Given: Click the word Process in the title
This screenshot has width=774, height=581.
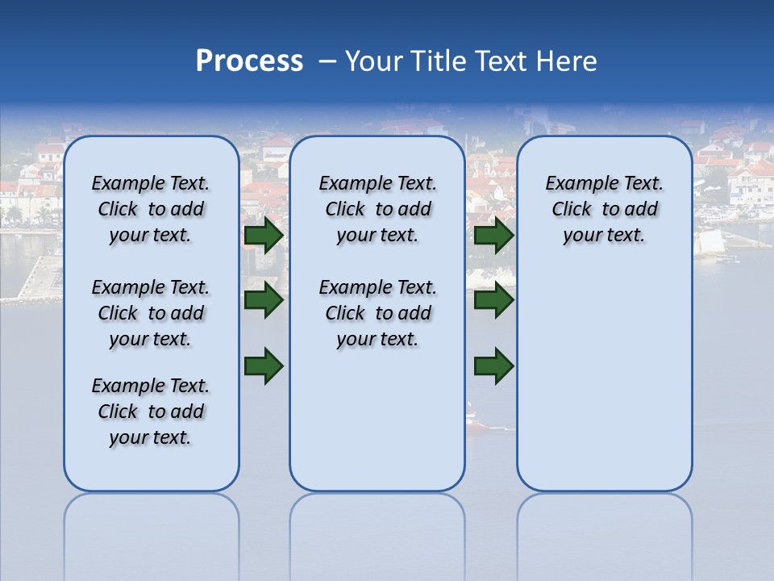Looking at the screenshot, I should [249, 61].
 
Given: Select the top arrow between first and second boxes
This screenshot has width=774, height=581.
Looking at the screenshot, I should [264, 236].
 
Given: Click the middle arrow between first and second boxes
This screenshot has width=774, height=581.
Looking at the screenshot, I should [264, 300].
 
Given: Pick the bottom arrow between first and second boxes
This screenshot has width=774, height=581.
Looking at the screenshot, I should [264, 365].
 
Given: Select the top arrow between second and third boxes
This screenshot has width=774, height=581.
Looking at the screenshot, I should [494, 236].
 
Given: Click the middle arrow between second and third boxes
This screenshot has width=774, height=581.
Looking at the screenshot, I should [494, 300].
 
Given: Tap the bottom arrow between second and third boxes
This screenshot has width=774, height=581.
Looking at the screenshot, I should [494, 365].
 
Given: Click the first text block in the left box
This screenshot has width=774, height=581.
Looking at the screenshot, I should [151, 209].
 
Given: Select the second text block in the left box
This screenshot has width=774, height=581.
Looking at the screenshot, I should [151, 313].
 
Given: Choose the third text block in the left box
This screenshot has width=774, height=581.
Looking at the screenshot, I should [151, 412].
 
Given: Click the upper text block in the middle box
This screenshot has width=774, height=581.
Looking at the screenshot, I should [377, 209].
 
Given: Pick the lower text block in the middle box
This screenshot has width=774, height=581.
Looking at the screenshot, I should [377, 313].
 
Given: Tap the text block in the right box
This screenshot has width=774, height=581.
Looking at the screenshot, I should [604, 209].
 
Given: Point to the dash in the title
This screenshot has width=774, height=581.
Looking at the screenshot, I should [327, 61].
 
